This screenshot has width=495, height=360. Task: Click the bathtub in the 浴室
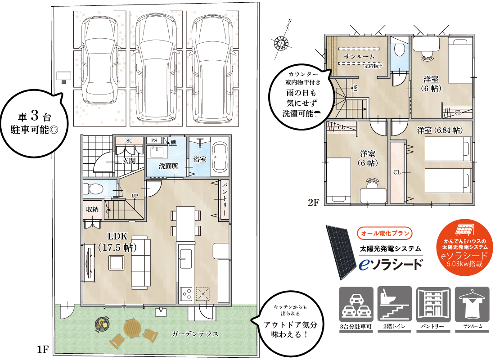(220, 157)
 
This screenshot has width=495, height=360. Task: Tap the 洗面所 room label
(168, 166)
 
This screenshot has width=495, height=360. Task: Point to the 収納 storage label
(92, 209)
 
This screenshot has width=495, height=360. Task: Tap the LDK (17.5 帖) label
(117, 242)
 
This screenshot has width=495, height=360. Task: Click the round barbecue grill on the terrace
(103, 323)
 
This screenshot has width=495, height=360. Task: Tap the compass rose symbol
(280, 43)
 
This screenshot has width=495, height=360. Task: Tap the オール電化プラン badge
(384, 234)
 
